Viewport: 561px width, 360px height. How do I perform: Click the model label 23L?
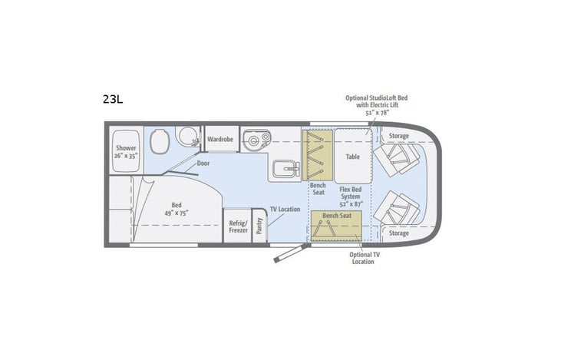tap(112, 98)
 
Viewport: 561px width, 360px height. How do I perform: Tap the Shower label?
tap(126, 152)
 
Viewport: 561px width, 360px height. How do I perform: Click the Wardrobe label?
tap(220, 140)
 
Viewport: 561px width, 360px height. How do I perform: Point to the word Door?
tap(203, 163)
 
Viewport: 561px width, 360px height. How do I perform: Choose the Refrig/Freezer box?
tap(237, 226)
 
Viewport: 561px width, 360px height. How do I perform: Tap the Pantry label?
tap(260, 226)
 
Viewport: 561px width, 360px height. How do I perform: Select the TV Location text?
tap(285, 209)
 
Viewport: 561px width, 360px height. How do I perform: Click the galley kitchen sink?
tap(254, 140)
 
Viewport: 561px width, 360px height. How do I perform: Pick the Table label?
tap(352, 157)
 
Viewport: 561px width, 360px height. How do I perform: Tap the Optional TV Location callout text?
tap(362, 258)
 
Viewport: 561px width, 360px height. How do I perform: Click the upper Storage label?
tap(398, 137)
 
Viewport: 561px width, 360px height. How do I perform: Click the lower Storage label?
tap(398, 233)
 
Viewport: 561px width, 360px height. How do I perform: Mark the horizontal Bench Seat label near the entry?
tap(336, 216)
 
